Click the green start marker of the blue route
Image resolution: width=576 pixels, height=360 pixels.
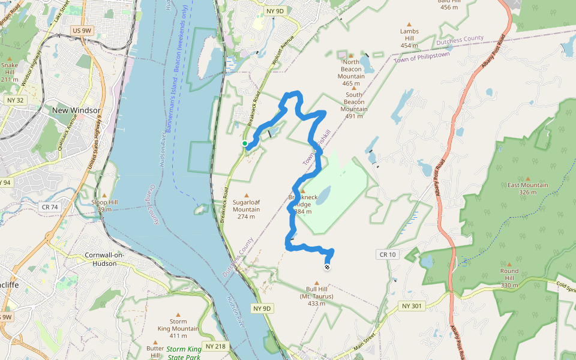tap(245, 143)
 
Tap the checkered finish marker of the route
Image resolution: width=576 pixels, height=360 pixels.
tap(327, 267)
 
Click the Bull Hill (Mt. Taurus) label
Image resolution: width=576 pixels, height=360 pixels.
tap(317, 296)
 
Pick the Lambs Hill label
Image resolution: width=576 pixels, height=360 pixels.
tap(409, 38)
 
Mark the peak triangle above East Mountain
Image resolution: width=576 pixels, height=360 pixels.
tap(528, 178)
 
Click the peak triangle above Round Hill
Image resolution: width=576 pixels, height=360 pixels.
tap(509, 263)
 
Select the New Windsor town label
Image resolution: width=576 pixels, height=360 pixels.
tap(76, 110)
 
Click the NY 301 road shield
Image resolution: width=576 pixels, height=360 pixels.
tap(412, 307)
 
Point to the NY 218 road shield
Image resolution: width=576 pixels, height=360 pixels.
tap(216, 346)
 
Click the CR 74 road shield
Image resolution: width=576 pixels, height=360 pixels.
tap(51, 207)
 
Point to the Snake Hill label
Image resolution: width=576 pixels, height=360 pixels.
tap(10, 71)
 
